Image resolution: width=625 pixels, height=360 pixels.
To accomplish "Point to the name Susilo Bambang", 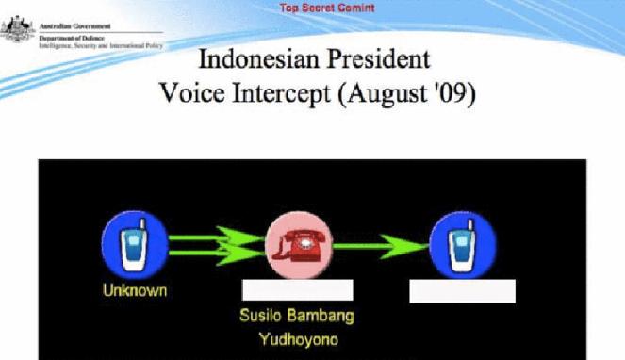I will (x=297, y=315).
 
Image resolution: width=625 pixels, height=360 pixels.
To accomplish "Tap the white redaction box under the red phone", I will (x=297, y=290).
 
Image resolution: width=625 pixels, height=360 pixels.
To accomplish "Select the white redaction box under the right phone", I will (x=462, y=291).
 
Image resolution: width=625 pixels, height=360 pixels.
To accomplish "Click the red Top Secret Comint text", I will (x=327, y=8).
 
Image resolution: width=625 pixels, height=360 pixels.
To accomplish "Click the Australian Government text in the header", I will (x=74, y=26).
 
